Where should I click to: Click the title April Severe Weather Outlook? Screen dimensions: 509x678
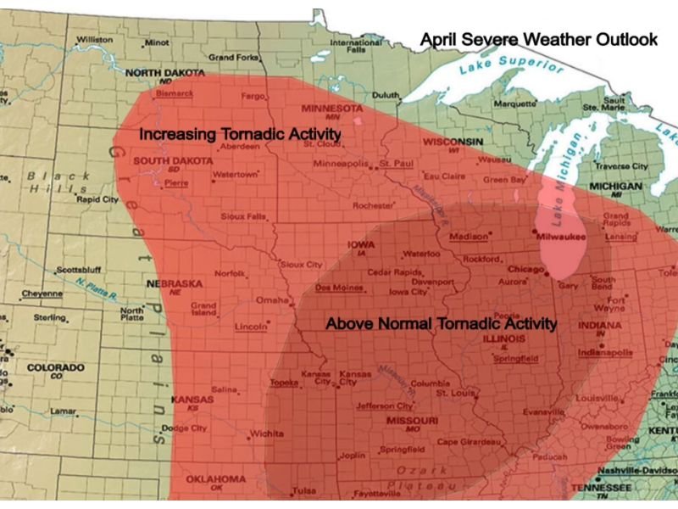[539, 39]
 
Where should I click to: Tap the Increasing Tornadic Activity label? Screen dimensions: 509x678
[240, 135]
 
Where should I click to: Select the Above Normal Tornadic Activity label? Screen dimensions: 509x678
[442, 323]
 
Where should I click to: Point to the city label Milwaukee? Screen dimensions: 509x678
[561, 238]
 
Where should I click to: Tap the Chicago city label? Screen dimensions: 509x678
[525, 269]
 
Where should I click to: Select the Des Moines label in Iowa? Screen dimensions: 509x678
[333, 288]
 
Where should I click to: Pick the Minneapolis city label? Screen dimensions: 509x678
[341, 163]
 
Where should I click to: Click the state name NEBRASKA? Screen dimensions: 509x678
[175, 282]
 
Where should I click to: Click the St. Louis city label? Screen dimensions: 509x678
[453, 393]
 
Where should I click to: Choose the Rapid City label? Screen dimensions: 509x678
[97, 200]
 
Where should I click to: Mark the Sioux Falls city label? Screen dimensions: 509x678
[243, 217]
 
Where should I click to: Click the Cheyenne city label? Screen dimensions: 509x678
[42, 294]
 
